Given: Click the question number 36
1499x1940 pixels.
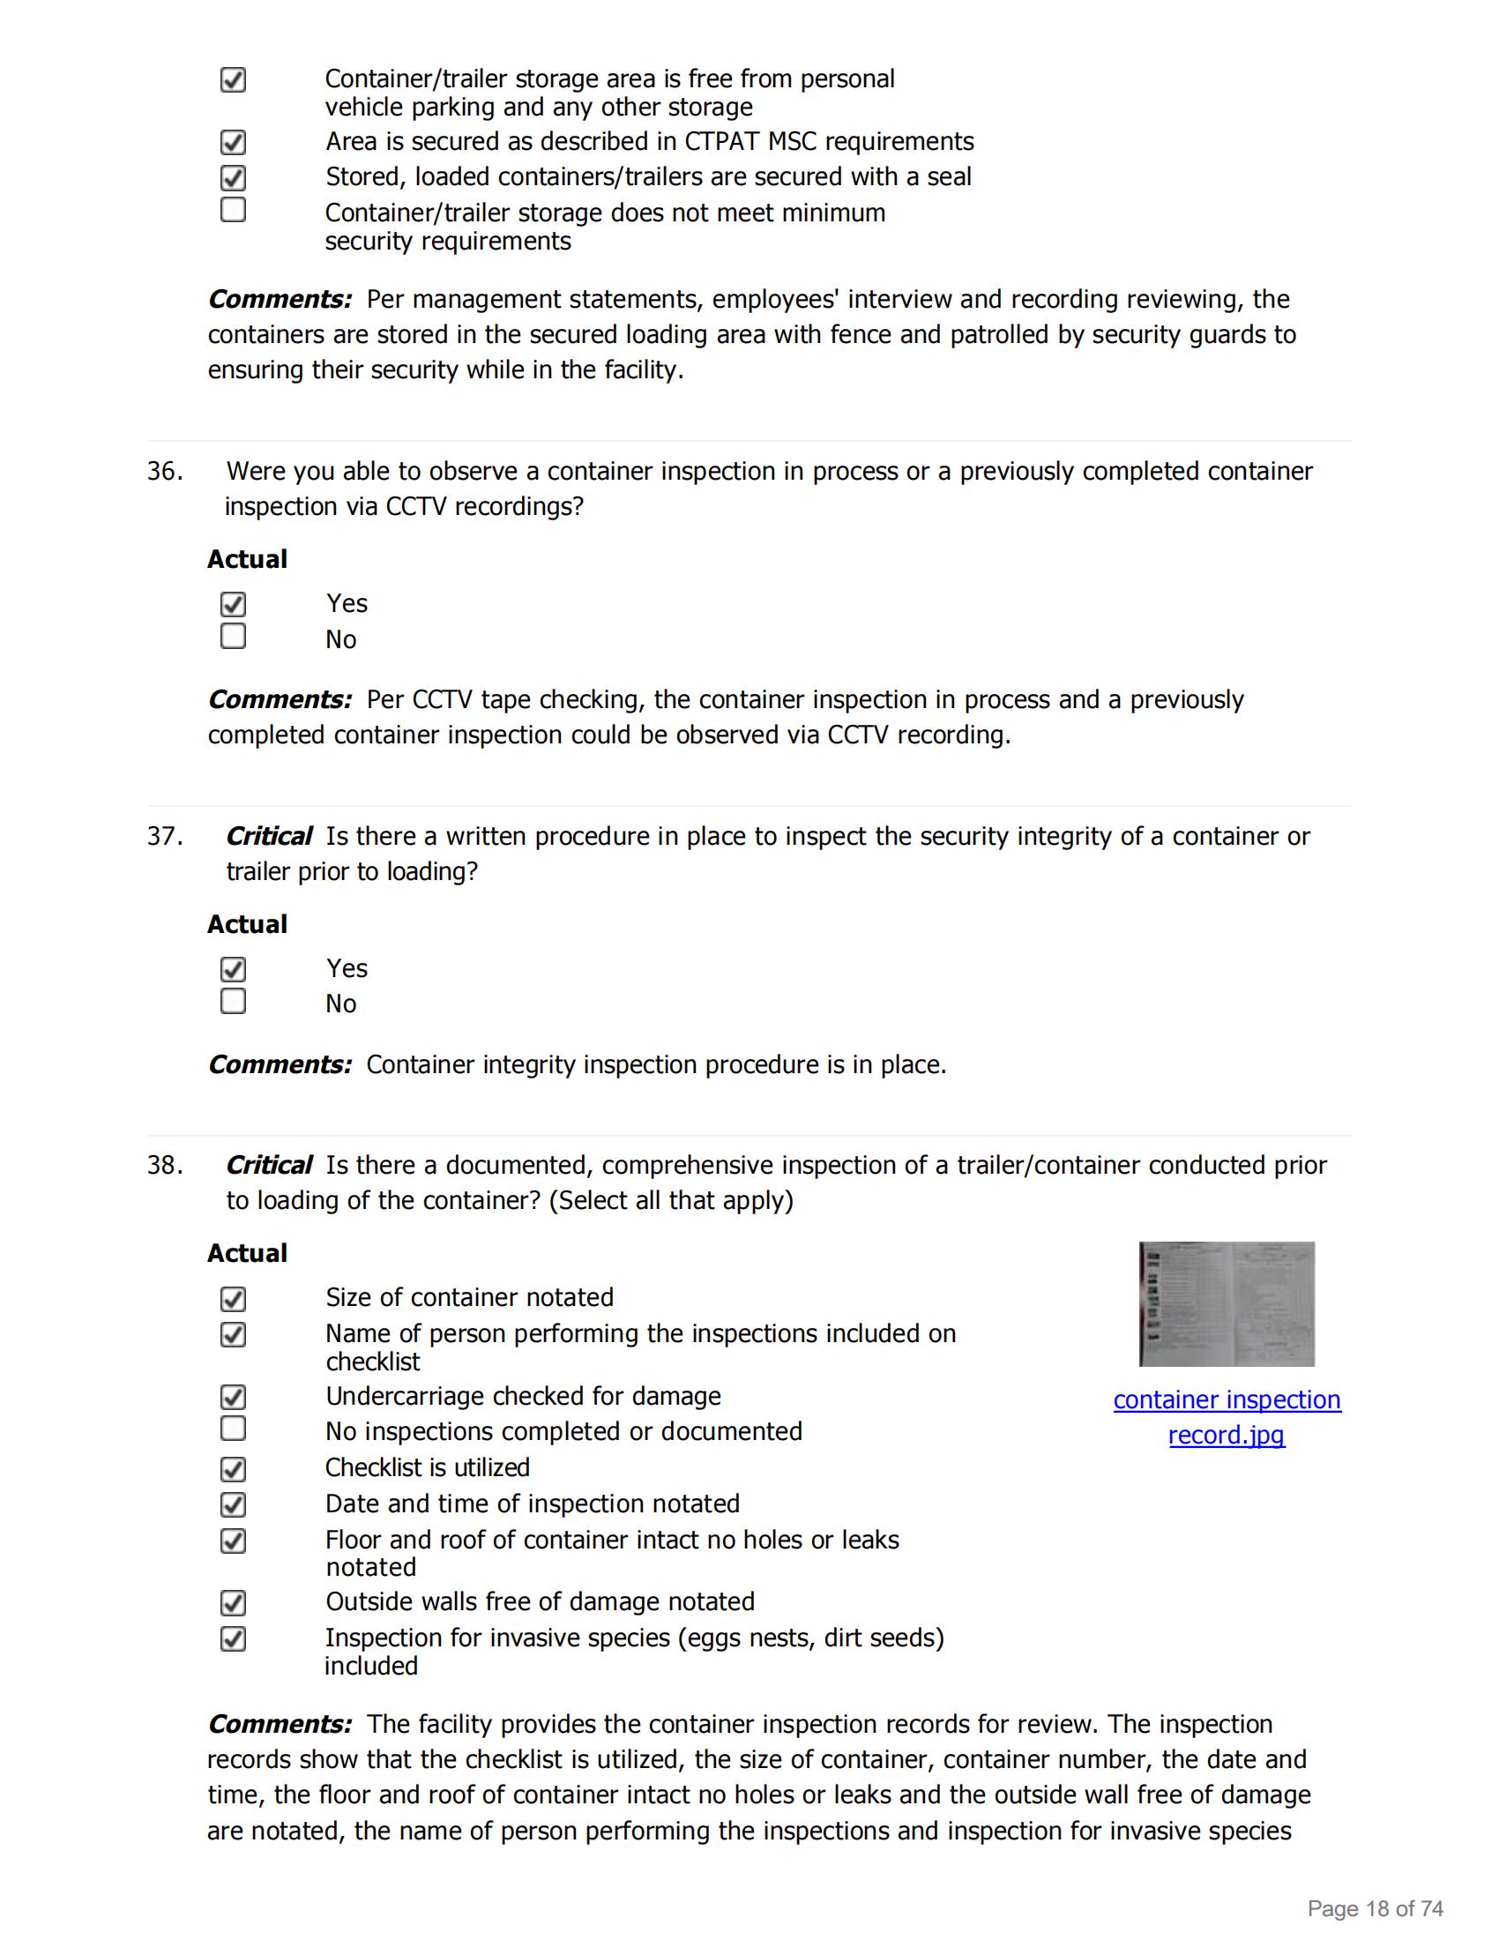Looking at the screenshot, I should point(164,471).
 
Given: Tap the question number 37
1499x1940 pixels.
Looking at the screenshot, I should point(164,836).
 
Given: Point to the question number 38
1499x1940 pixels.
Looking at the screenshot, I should point(164,1165).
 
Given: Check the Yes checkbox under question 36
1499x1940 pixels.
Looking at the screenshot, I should point(233,604).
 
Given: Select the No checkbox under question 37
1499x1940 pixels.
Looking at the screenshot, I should point(233,1001).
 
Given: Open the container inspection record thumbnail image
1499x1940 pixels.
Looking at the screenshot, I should point(1227,1303).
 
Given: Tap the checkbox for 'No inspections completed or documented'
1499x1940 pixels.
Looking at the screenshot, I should point(233,1429).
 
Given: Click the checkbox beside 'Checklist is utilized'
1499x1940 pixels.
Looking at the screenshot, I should point(233,1469).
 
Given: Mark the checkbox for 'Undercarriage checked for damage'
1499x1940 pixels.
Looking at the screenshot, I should point(233,1398).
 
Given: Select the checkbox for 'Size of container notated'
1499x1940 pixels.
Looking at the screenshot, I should point(233,1299).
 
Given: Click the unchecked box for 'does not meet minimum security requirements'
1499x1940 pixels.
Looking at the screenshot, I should point(233,210).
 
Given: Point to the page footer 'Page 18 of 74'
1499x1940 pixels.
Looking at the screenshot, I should point(1375,1908).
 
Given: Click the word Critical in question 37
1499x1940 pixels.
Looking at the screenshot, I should point(268,836).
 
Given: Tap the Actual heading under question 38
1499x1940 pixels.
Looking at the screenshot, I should point(247,1252).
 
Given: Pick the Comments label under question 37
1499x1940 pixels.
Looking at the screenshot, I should point(280,1064).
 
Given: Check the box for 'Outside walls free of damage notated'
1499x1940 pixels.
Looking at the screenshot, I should point(233,1603).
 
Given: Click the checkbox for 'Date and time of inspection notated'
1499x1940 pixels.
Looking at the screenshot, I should point(233,1504).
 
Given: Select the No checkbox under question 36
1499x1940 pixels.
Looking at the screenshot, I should point(233,636).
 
